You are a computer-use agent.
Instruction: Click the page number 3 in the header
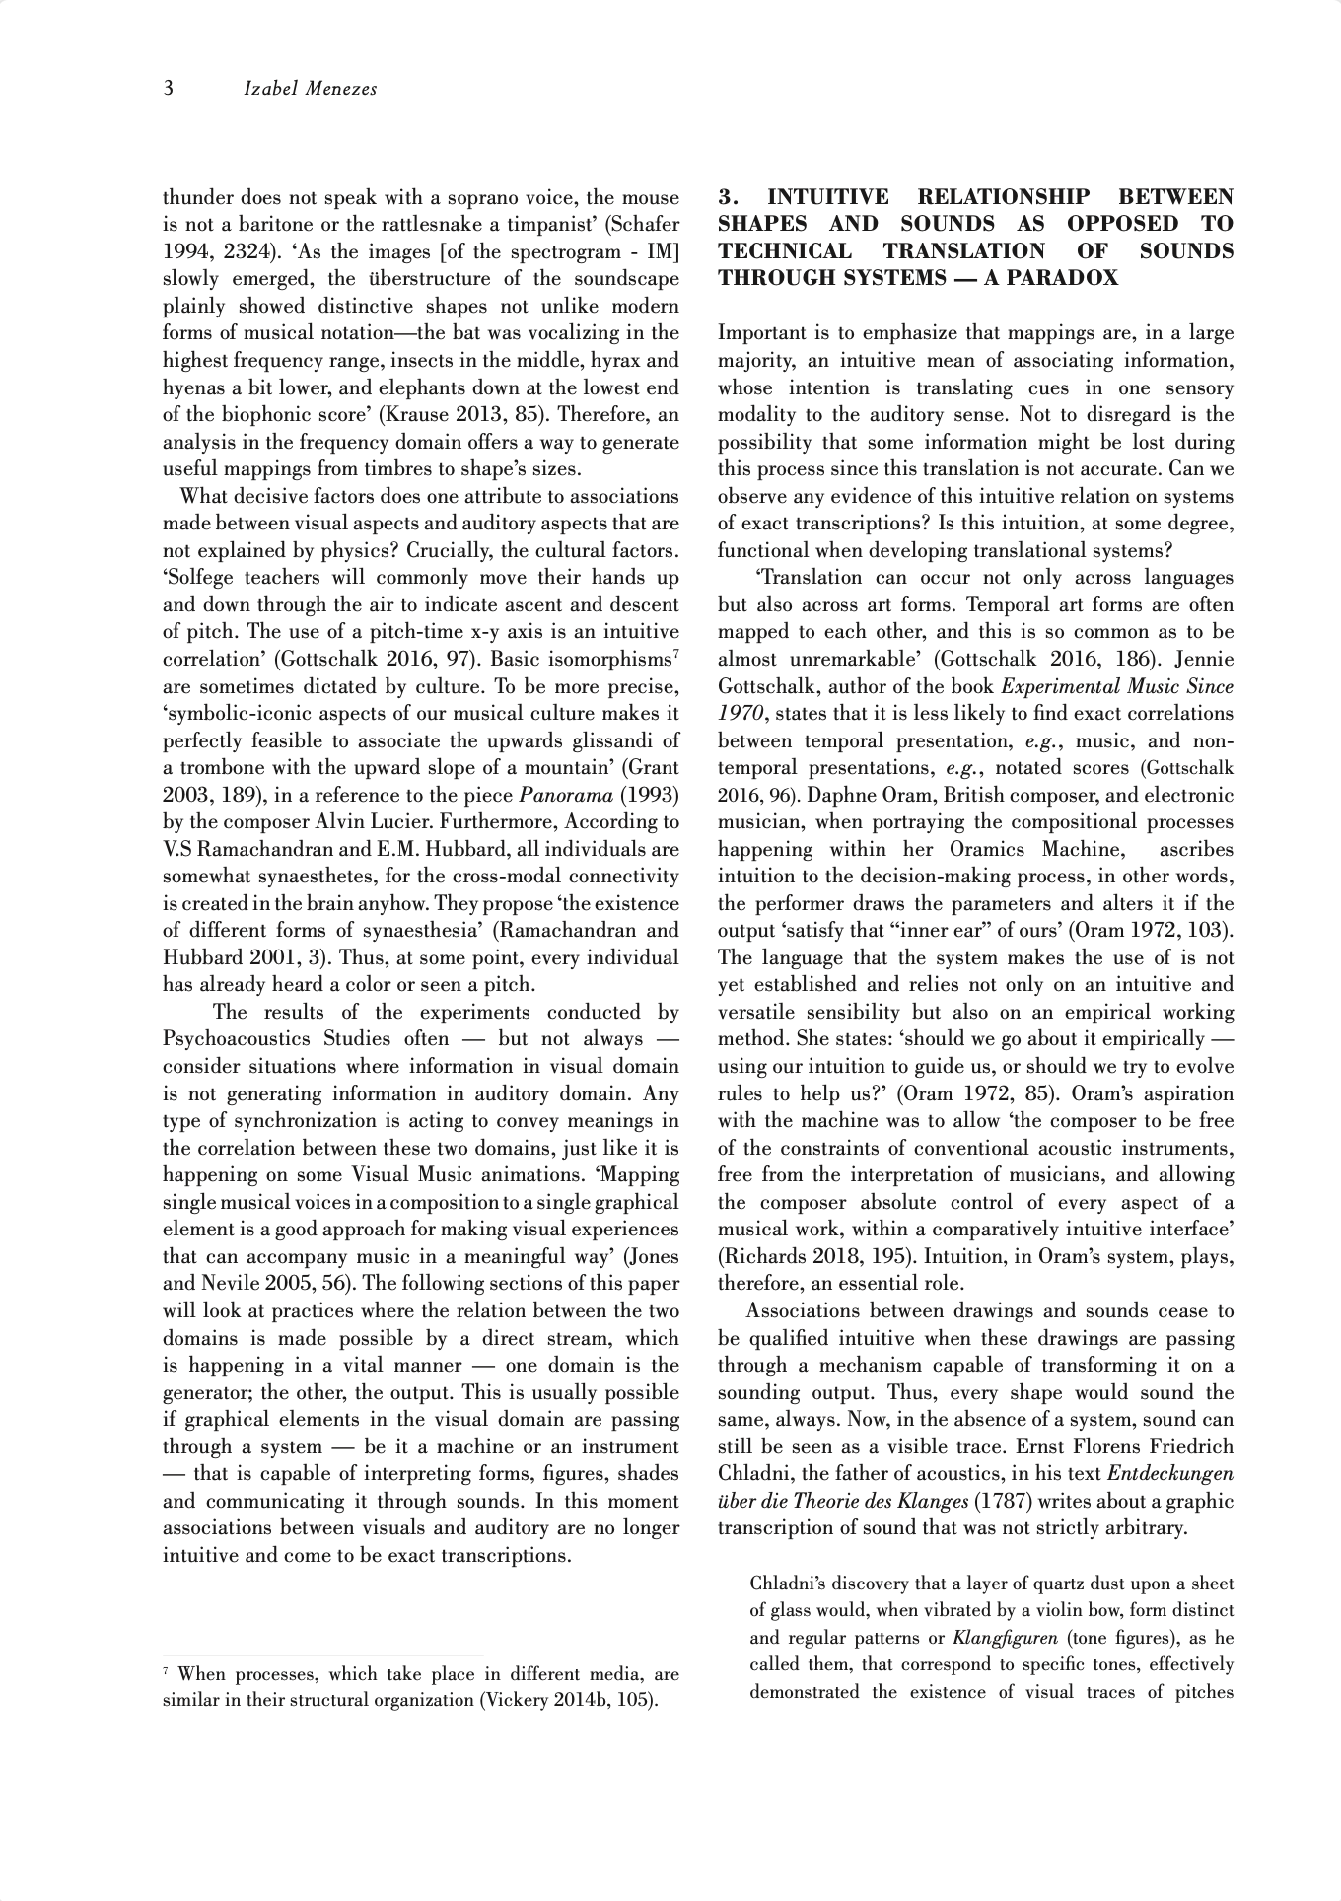tap(169, 90)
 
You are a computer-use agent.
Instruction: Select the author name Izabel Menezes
tap(310, 90)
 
